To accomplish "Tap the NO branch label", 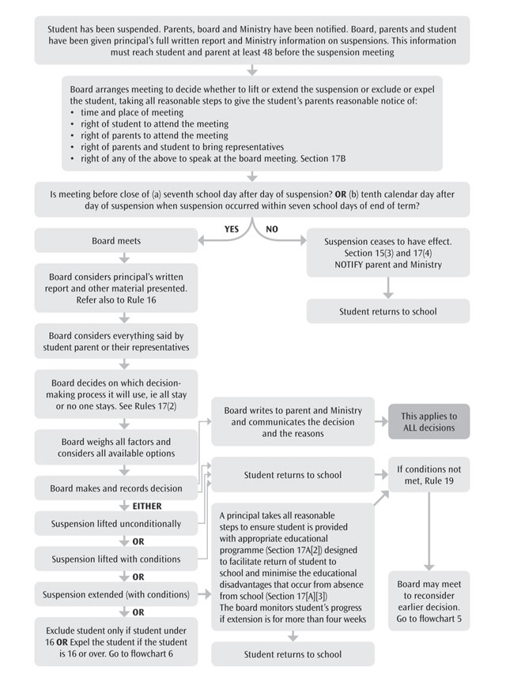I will click(x=272, y=228).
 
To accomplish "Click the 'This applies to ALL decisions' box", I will click(x=429, y=421).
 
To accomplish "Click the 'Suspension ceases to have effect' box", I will click(x=387, y=252).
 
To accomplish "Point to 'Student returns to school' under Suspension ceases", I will click(x=387, y=311).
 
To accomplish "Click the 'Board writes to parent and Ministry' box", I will click(x=293, y=421).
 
